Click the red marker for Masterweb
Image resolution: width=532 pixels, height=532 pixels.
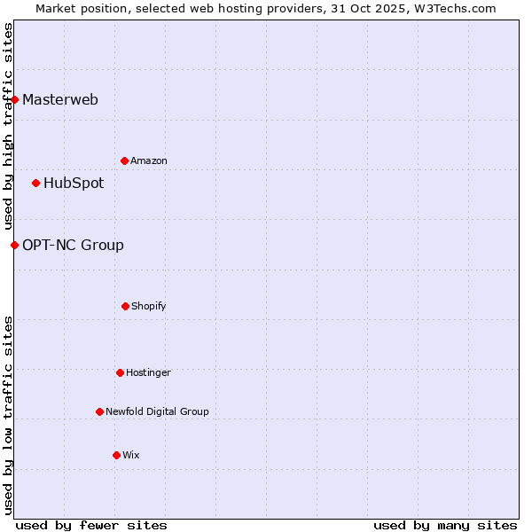15,99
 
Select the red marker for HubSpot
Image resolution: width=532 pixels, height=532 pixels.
36,184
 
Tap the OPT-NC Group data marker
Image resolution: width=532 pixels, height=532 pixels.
15,245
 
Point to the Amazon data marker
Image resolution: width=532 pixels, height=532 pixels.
125,160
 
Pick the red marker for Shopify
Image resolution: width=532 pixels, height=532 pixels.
126,306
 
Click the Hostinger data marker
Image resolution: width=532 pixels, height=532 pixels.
121,372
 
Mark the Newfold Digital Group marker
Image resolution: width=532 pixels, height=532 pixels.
100,411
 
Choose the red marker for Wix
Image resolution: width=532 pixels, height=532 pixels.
117,455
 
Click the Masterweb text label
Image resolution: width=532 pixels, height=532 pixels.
60,99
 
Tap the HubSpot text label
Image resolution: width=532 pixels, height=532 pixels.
74,184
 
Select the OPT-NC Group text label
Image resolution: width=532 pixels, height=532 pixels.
73,245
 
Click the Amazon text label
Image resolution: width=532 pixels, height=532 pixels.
149,160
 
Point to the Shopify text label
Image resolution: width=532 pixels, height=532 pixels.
149,306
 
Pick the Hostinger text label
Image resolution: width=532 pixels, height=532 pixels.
148,372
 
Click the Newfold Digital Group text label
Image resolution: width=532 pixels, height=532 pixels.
157,411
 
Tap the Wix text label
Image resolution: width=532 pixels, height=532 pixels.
131,455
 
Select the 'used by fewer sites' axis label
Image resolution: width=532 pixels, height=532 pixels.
91,525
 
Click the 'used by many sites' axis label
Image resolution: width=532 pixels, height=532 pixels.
445,525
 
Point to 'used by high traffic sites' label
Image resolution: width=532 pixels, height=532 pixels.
8,127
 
